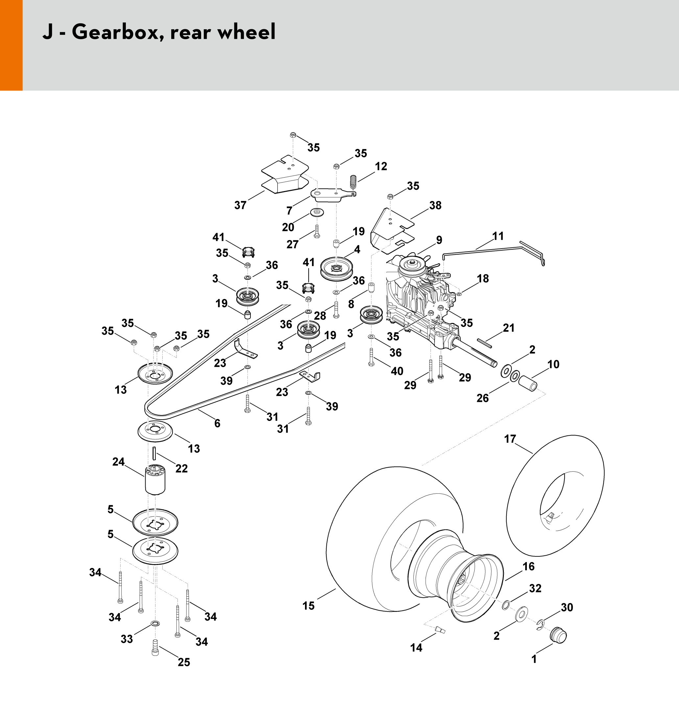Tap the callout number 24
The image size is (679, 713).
118,462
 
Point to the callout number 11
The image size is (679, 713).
498,236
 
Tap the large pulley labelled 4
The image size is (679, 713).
337,269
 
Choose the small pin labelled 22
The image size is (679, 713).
154,454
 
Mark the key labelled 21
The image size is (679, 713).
484,343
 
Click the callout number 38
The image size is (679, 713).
435,205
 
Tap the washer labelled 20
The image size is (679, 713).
317,212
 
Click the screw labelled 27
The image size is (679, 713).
317,232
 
